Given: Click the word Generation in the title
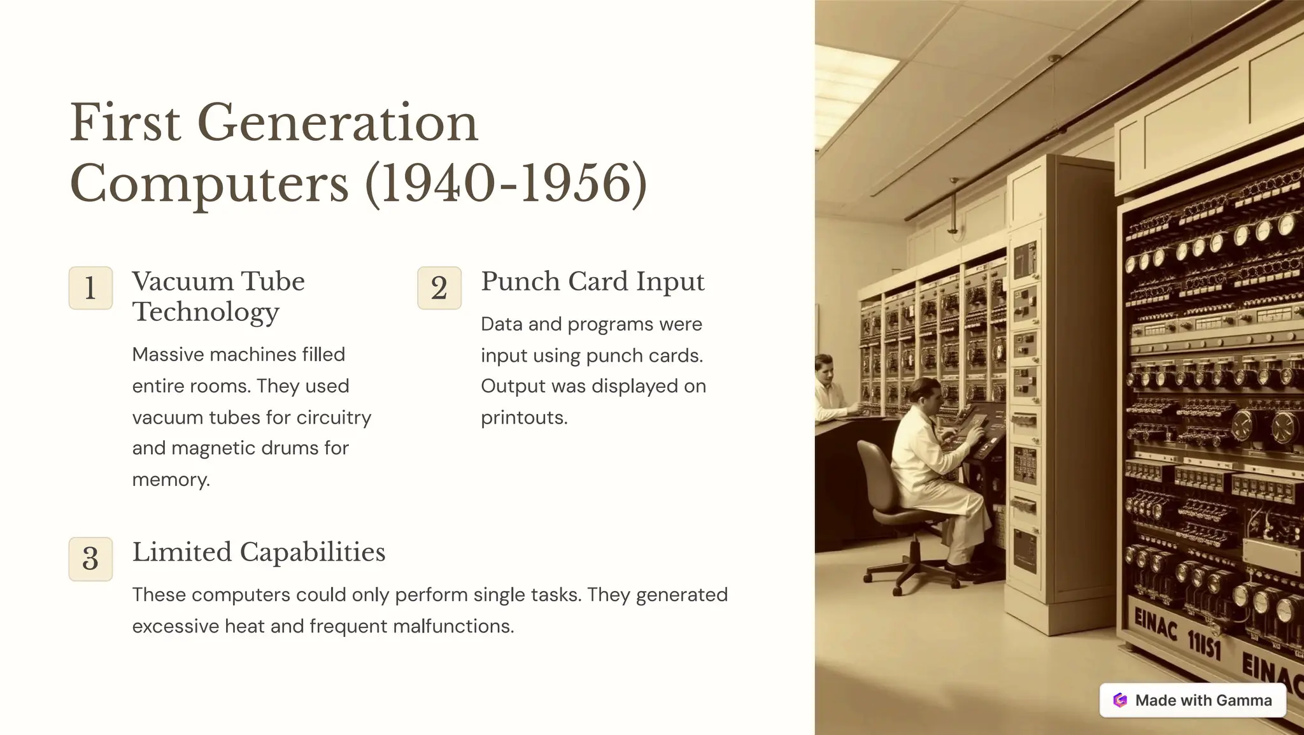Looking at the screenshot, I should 337,123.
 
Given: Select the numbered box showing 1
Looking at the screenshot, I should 90,288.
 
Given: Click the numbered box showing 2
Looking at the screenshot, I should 439,288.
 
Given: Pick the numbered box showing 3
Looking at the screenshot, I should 90,559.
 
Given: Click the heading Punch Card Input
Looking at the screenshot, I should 592,282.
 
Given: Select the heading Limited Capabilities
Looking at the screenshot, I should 259,552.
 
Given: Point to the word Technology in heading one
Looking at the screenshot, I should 206,312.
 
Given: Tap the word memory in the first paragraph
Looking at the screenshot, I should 170,480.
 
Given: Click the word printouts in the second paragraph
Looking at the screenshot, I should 523,418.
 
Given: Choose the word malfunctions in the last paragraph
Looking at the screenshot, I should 453,626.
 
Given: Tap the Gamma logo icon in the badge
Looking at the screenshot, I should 1120,700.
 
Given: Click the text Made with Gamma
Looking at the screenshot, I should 1203,700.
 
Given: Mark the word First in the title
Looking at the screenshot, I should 125,123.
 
